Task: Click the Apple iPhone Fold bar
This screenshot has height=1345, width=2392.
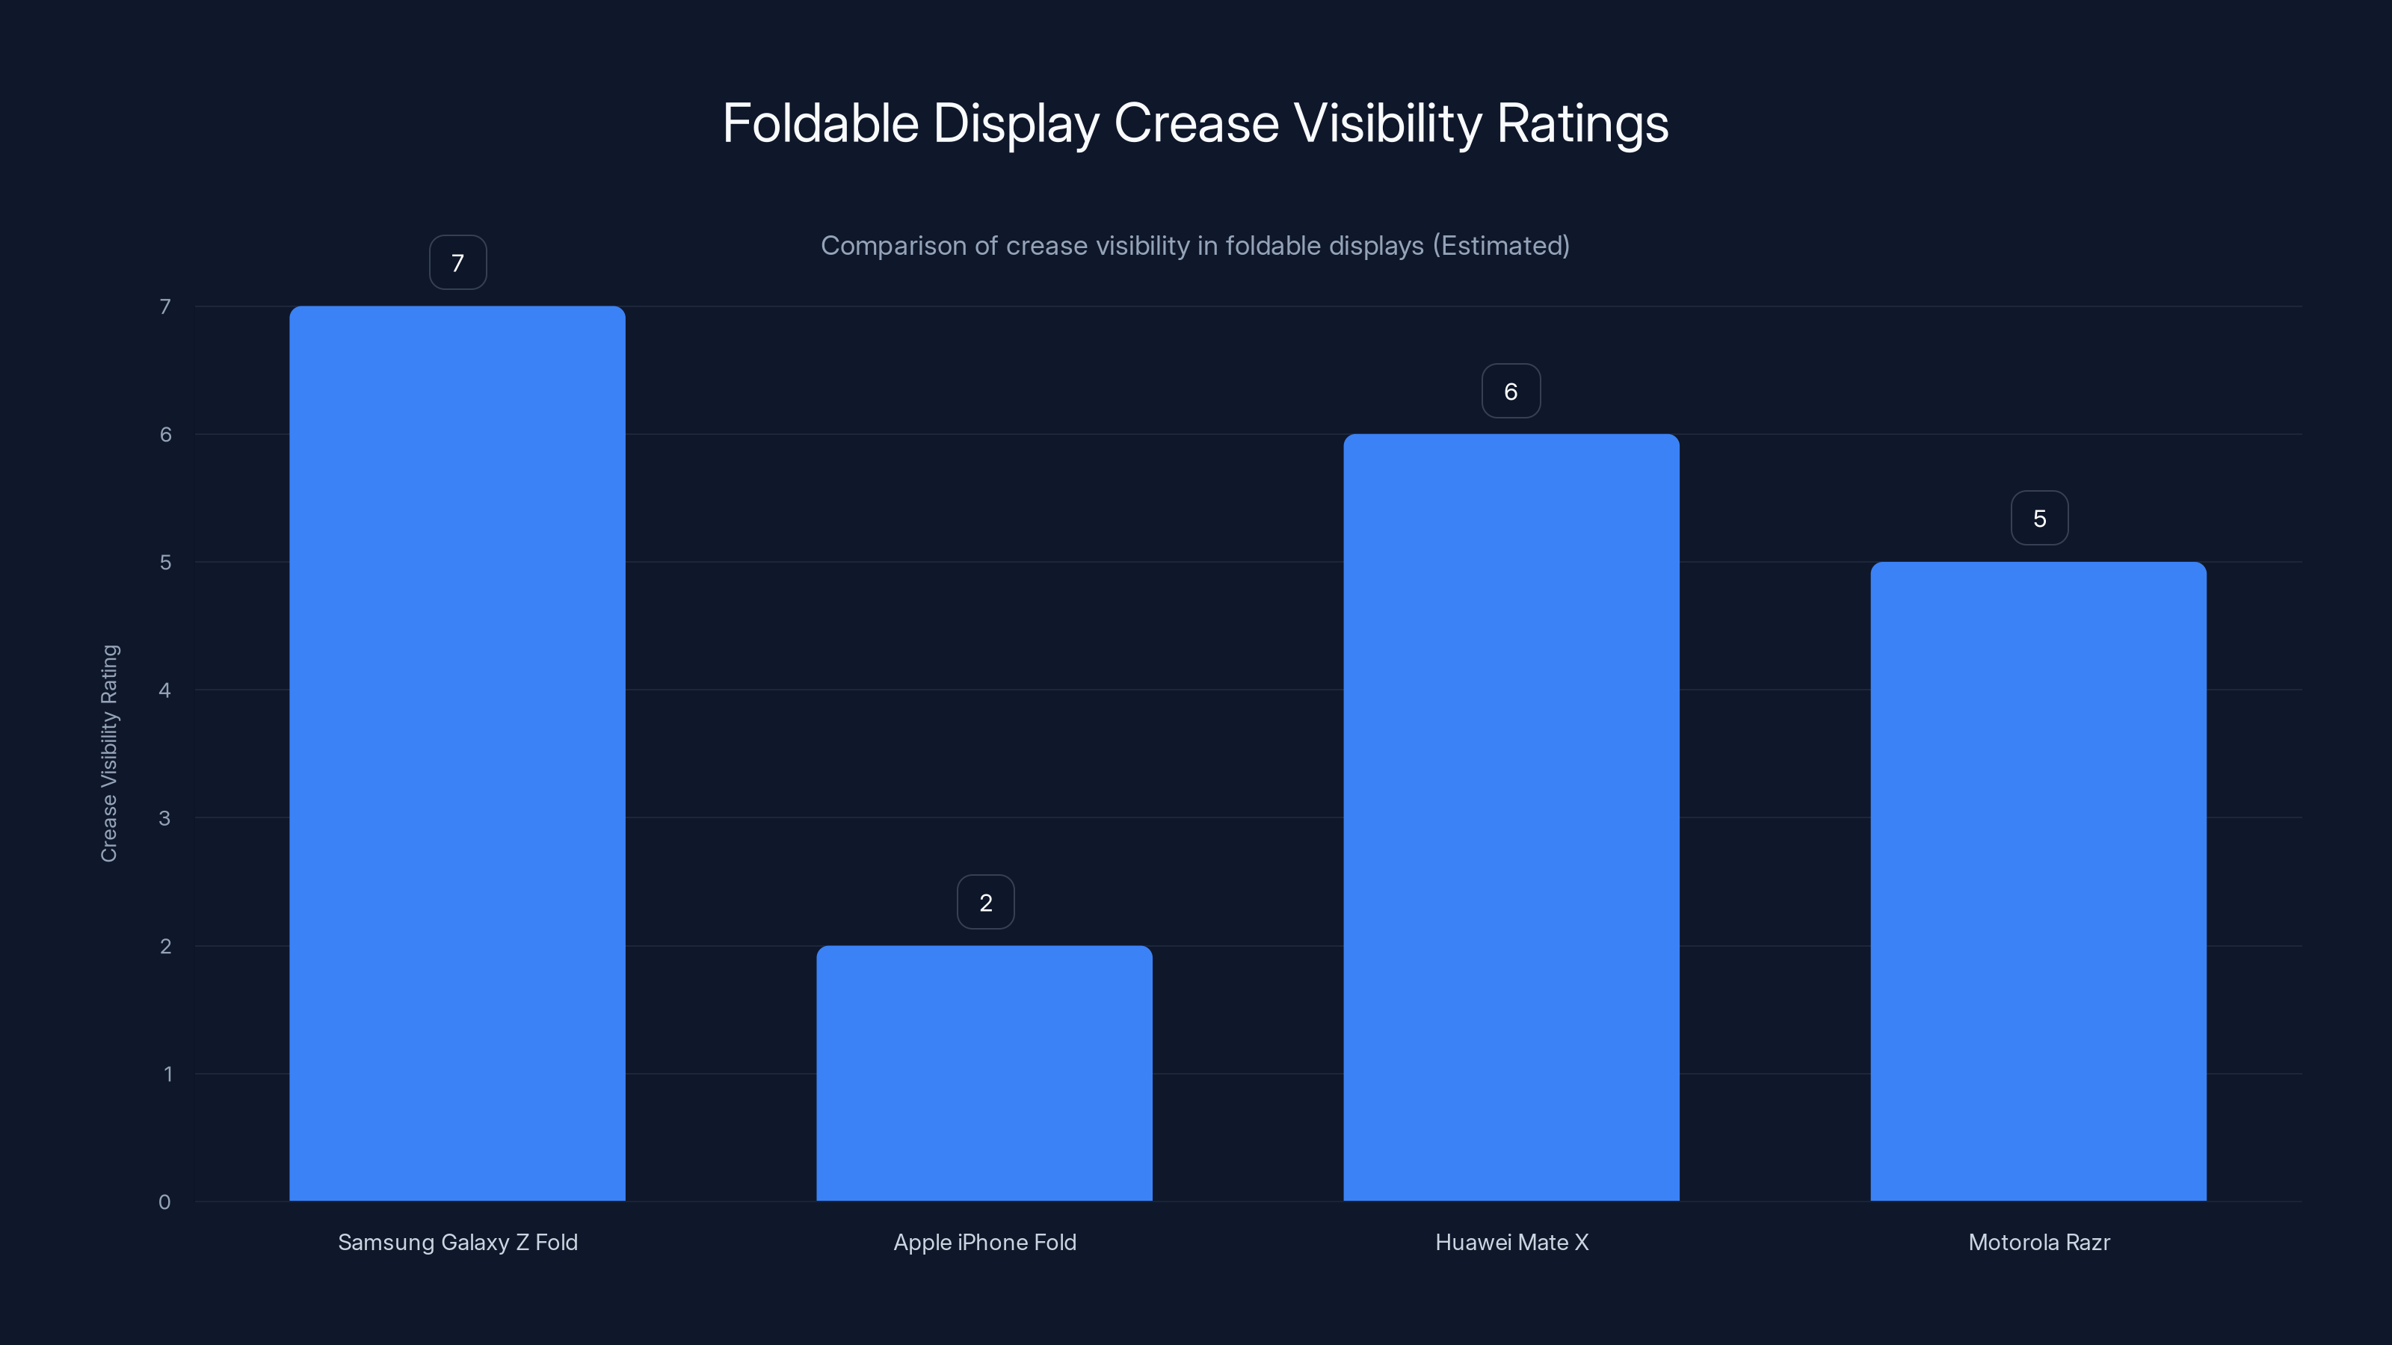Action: [x=984, y=1073]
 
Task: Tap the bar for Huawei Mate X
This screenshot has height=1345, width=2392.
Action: [x=1511, y=817]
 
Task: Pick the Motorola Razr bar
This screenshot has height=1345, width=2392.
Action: [x=2038, y=881]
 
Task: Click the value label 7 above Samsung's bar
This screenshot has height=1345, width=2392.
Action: [x=457, y=263]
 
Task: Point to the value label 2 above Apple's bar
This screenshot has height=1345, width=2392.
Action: [x=985, y=902]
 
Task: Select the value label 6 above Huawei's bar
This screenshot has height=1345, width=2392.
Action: [x=1511, y=391]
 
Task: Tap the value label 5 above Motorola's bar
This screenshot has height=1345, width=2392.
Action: [x=2039, y=518]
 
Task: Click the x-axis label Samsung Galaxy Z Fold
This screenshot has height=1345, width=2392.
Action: [x=457, y=1242]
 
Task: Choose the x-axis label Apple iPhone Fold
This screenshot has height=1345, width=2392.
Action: [x=984, y=1242]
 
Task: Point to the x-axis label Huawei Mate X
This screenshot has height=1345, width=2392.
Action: [x=1511, y=1242]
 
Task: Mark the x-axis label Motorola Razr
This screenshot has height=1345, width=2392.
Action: [x=2039, y=1242]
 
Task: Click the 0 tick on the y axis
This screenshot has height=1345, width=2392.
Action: [x=164, y=1202]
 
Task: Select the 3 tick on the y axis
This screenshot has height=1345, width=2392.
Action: [x=164, y=817]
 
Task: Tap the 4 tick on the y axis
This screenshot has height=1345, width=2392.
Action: [x=164, y=690]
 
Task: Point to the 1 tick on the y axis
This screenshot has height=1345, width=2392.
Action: [x=167, y=1074]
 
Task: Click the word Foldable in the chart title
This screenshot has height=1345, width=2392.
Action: [x=820, y=123]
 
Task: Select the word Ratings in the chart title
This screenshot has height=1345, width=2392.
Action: [x=1582, y=123]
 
